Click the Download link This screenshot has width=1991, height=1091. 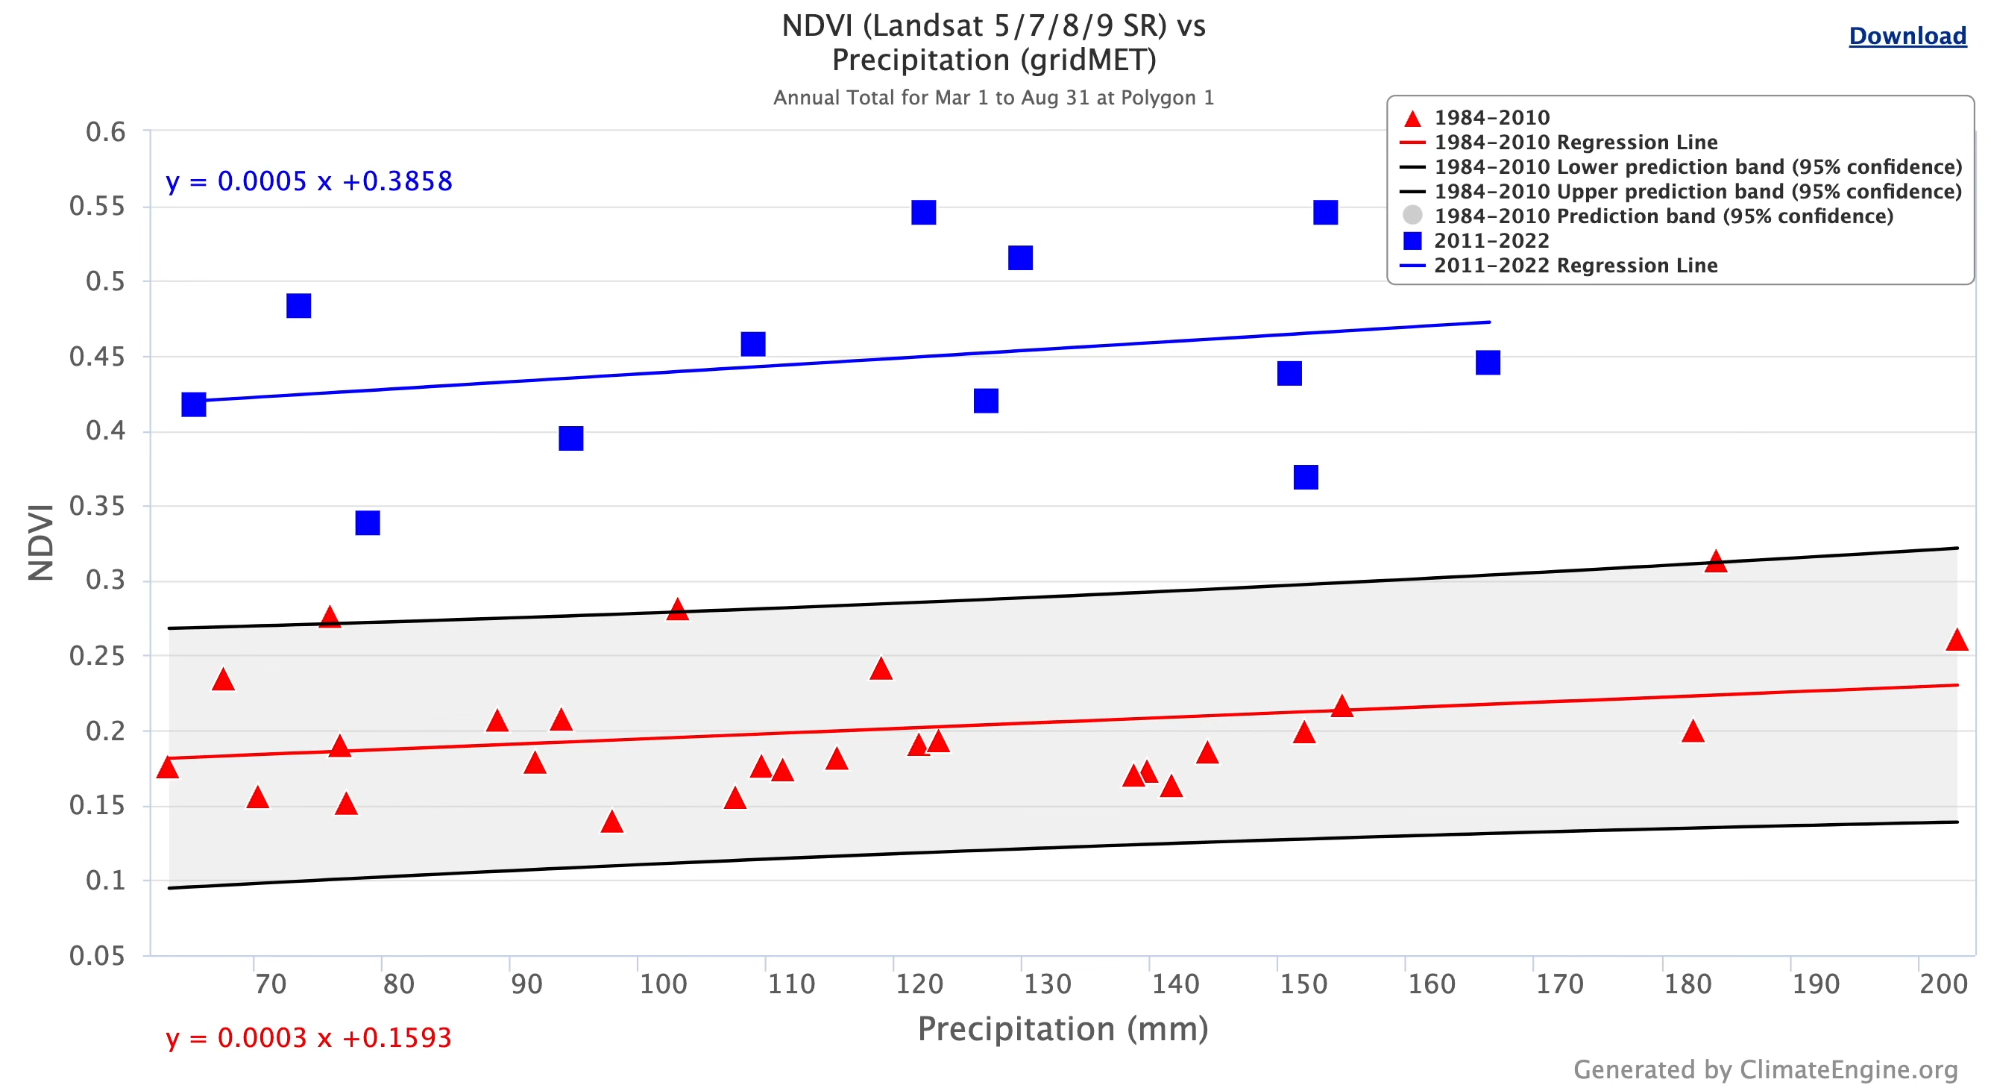pos(1907,36)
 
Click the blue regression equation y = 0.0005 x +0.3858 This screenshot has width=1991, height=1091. pos(309,181)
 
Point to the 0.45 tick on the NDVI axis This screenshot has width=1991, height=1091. pos(97,357)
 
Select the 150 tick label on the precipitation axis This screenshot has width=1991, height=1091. pos(1302,984)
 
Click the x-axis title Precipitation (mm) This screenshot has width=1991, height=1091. pos(1062,1028)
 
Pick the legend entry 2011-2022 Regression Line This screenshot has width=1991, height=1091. pos(1574,265)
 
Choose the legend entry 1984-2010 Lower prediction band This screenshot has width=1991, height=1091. pos(1696,167)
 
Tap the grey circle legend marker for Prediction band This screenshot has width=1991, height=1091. pos(1412,216)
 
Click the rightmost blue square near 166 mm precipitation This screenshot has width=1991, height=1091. pos(1487,363)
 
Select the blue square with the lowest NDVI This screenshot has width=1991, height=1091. pos(367,522)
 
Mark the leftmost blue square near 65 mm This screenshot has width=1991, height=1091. pos(193,404)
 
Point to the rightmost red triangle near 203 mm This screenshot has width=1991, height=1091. pos(1955,640)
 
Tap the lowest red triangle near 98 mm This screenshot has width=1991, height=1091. pos(611,822)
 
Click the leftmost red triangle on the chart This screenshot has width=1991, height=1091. pos(167,768)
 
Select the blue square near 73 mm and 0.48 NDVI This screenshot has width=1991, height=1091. pos(298,305)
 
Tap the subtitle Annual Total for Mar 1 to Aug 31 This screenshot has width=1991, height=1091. pos(993,98)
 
